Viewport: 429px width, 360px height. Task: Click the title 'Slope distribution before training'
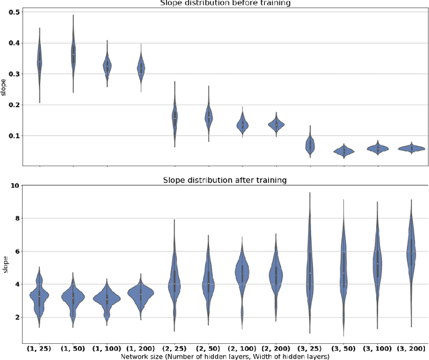[225, 4]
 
